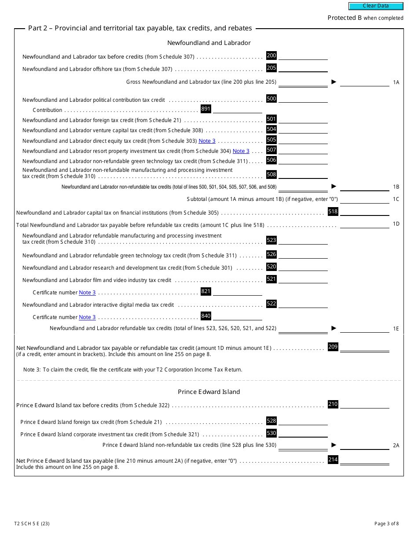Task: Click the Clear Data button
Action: (376, 6)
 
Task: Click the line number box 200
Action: (271, 56)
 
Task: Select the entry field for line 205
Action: (303, 68)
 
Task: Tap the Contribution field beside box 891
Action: (238, 109)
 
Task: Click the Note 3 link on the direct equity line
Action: (207, 141)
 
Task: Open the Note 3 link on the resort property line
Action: (241, 151)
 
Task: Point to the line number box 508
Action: (271, 174)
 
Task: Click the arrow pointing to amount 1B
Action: (334, 186)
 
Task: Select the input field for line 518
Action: (365, 212)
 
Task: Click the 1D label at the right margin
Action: (396, 224)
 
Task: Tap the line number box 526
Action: (271, 254)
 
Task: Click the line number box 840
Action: (206, 316)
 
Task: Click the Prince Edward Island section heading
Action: (209, 392)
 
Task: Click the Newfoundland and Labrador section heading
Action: (209, 43)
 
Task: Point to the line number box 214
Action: (333, 460)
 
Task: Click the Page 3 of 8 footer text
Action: (386, 524)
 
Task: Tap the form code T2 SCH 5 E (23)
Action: (32, 524)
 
